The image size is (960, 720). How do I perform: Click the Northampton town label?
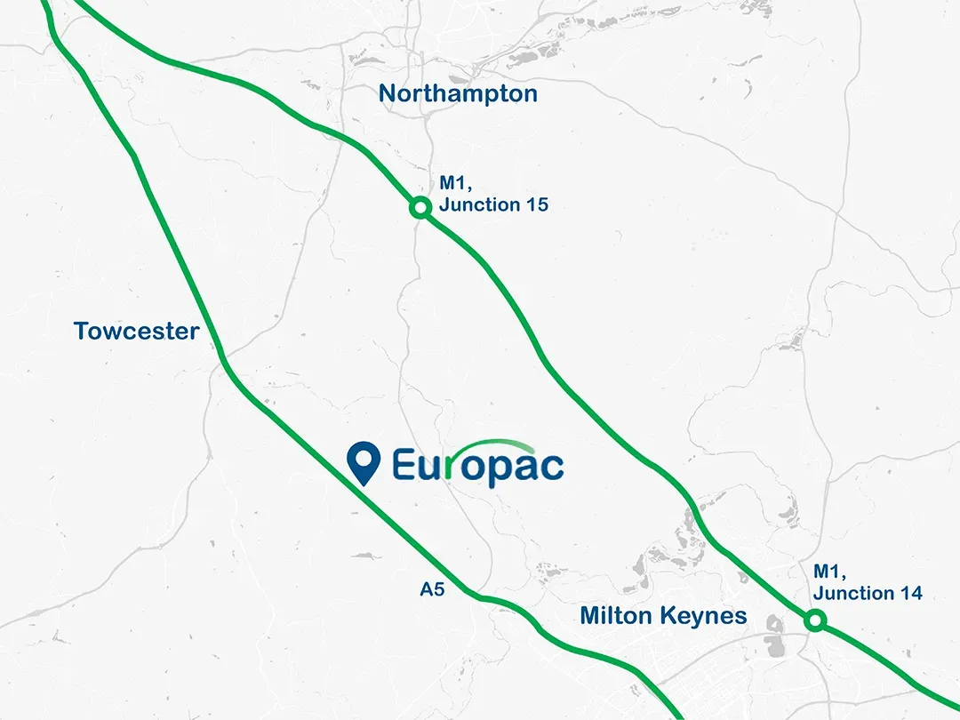pos(458,93)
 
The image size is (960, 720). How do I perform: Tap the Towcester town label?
pos(136,332)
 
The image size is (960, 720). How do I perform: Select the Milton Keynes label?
pos(663,615)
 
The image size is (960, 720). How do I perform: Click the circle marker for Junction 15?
pos(420,207)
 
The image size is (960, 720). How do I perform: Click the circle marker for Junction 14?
pos(815,620)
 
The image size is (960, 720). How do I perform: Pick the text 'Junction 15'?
pos(493,204)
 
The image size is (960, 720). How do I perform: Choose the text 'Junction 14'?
pos(868,593)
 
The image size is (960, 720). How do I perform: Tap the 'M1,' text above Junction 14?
pos(828,572)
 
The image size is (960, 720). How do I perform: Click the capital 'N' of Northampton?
pos(388,93)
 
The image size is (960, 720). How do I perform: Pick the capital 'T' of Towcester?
pos(81,332)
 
